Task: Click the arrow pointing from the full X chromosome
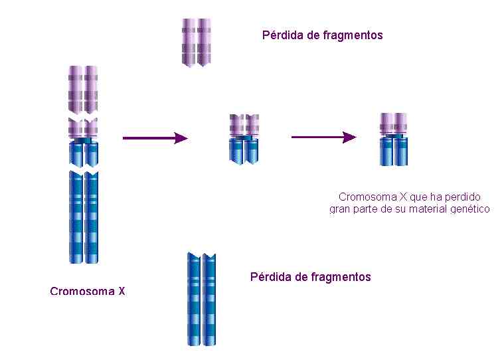point(155,138)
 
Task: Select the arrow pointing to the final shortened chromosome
point(323,137)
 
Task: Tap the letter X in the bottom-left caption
point(122,291)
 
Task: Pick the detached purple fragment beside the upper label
point(197,43)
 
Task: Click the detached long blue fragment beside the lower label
point(201,299)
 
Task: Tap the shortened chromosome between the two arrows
point(244,139)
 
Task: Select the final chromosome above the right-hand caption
point(394,139)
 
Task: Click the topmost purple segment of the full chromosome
point(83,90)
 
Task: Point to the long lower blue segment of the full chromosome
point(84,217)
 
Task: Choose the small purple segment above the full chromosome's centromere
point(83,128)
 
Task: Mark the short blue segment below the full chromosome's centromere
point(84,153)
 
